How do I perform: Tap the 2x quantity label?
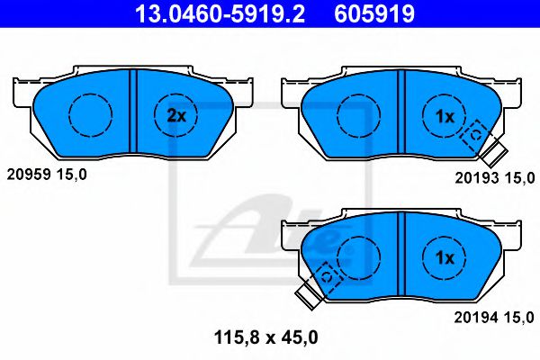(x=176, y=115)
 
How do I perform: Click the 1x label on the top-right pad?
(x=445, y=115)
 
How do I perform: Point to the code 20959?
(x=26, y=175)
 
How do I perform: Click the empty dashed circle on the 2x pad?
(x=91, y=115)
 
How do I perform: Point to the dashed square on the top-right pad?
(x=473, y=134)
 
